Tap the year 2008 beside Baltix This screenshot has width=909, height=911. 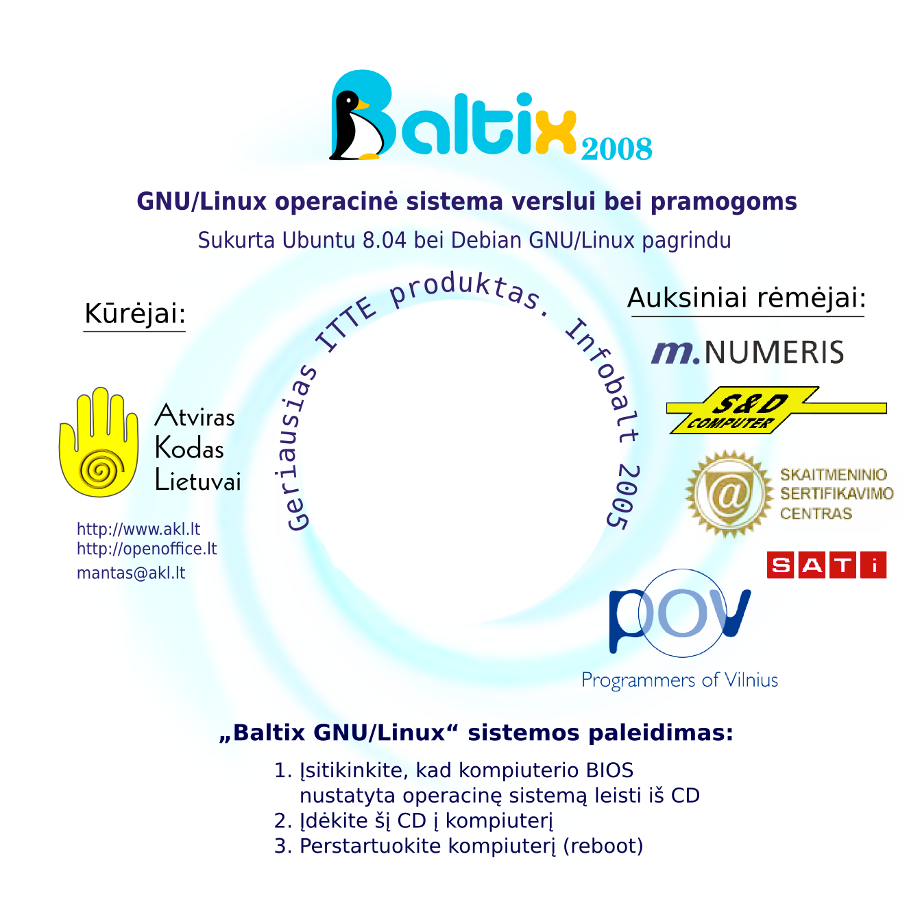coord(616,149)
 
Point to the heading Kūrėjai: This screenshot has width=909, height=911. coord(135,313)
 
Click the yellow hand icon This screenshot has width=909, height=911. coord(97,442)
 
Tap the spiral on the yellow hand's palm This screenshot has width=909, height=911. coord(101,471)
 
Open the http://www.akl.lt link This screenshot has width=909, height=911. coord(138,529)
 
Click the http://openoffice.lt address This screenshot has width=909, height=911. coord(147,549)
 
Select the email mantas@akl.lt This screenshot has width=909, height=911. coord(131,573)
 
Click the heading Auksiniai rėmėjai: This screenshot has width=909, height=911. coord(747,298)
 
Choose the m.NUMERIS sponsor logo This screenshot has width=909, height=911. coord(747,352)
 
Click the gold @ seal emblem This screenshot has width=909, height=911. coord(729,493)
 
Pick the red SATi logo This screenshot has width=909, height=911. coord(826,565)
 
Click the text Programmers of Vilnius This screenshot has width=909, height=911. coord(679,681)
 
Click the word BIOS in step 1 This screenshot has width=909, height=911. coord(609,770)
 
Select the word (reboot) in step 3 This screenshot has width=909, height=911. coord(603,846)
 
